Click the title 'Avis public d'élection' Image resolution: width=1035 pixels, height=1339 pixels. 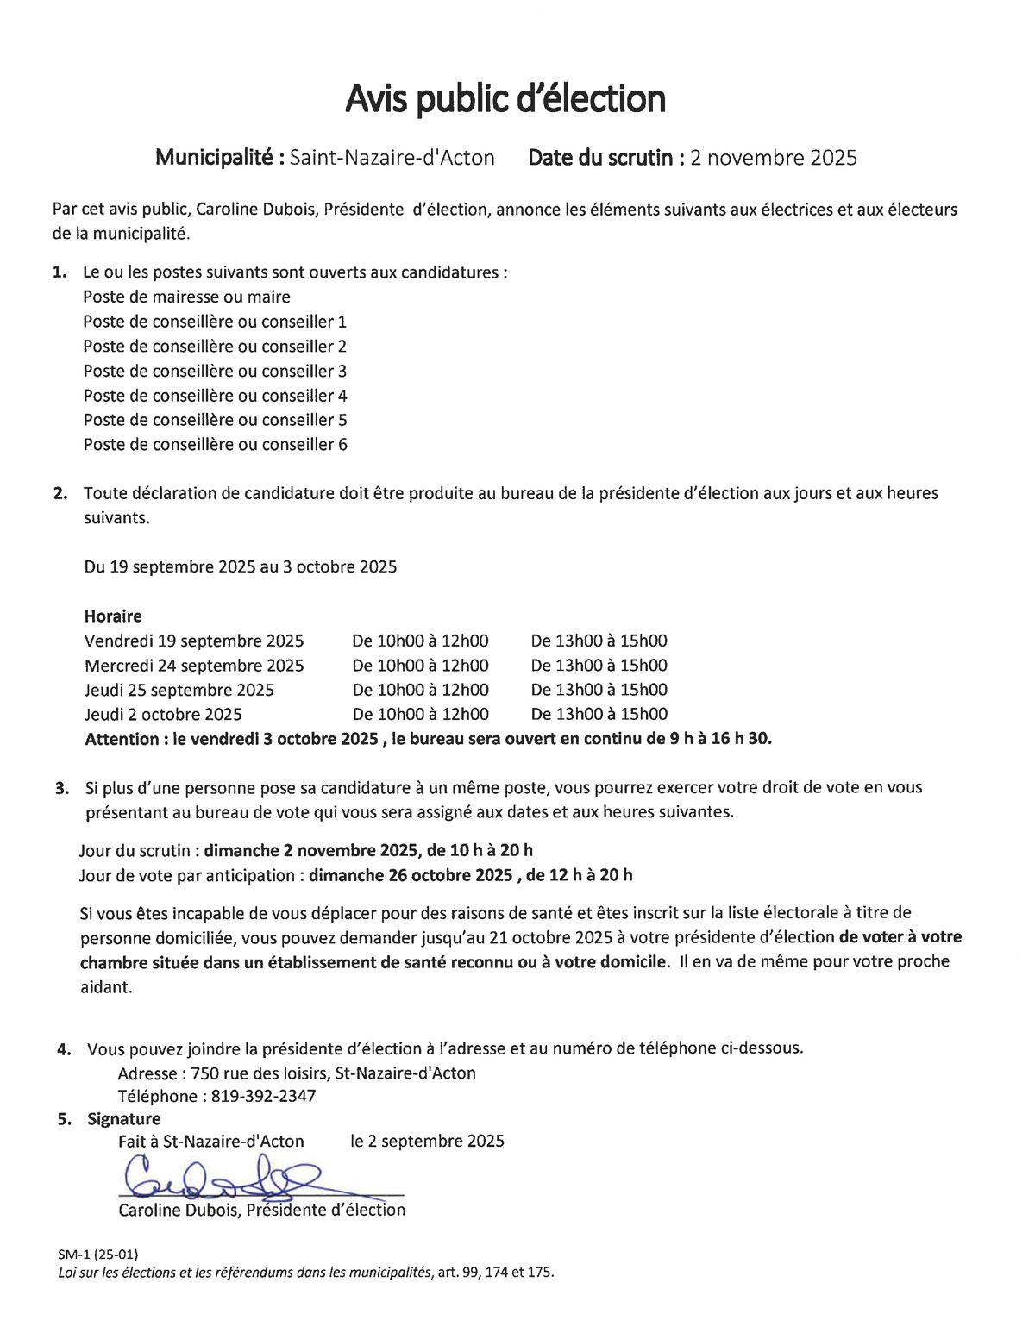[505, 99]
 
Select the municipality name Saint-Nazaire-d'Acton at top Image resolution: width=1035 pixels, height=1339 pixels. [392, 158]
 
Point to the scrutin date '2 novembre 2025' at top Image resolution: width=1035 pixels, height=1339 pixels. [774, 158]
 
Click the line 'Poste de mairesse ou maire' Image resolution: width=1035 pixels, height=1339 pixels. [186, 297]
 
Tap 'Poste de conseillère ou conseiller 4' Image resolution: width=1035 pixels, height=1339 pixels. [215, 396]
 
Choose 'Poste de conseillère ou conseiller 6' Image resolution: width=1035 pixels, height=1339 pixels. [215, 445]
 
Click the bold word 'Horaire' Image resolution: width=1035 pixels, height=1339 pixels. [113, 616]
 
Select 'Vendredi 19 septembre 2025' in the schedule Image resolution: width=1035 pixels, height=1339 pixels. [194, 641]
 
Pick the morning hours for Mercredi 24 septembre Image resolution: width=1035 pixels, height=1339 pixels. [420, 666]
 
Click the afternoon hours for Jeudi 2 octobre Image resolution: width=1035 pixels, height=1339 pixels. [599, 714]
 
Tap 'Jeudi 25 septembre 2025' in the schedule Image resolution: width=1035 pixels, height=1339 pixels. [179, 690]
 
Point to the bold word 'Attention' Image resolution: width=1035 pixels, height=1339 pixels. [122, 739]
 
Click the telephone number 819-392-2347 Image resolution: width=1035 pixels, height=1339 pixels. [262, 1097]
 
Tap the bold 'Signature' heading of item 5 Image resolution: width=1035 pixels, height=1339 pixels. [124, 1119]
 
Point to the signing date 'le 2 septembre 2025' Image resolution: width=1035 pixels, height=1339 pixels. [427, 1142]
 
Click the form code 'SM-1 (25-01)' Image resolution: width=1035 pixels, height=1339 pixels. [97, 1254]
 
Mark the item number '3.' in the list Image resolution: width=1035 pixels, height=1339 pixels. [62, 788]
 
